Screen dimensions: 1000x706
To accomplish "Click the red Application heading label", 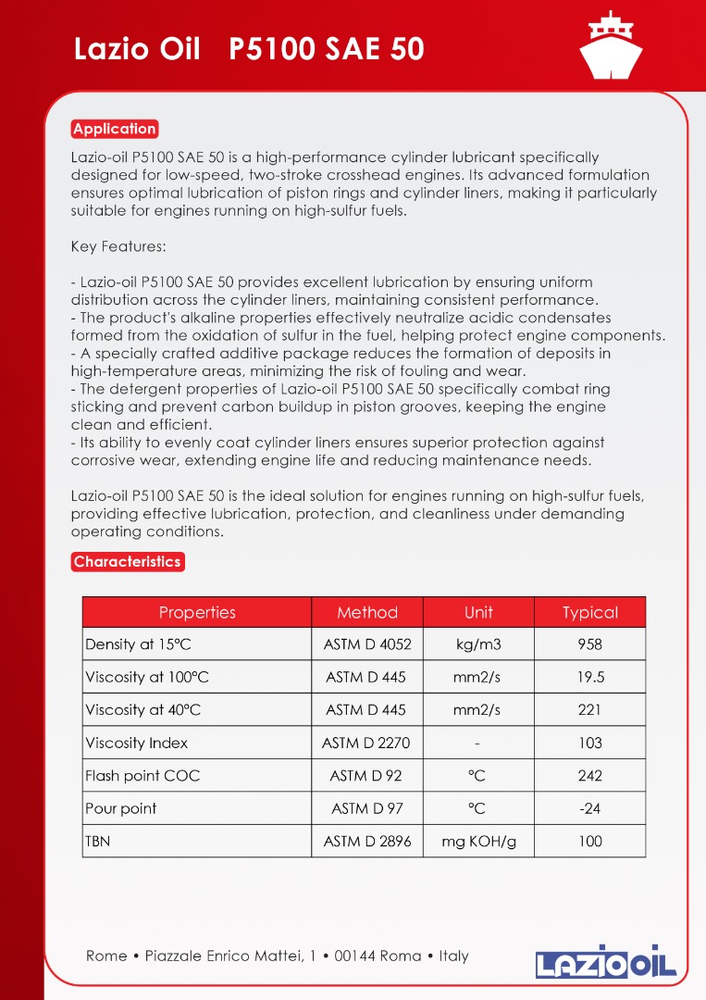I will pos(115,129).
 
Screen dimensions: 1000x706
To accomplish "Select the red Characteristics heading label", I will pos(128,562).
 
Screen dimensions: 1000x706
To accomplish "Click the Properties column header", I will pos(197,612).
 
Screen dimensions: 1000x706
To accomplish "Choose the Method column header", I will pos(367,612).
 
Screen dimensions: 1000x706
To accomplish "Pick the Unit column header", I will pos(478,612).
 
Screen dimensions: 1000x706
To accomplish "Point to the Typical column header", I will pos(589,612).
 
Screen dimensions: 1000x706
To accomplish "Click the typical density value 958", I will pos(589,644).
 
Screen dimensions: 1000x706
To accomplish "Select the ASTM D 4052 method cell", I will pos(367,644).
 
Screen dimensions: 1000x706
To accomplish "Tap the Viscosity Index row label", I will pos(136,743).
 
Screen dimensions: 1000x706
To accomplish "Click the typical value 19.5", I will pos(589,677).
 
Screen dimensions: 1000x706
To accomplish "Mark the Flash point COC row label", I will pos(142,776).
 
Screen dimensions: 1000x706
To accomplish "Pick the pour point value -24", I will pos(589,808).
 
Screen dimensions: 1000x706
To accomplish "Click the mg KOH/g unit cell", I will pos(478,842).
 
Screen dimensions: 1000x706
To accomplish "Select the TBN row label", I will pos(97,842).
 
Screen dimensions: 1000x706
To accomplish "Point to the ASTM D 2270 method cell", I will pos(367,743).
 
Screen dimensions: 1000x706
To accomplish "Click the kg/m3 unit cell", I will pos(478,644).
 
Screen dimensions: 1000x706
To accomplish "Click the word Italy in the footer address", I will pos(453,956).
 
